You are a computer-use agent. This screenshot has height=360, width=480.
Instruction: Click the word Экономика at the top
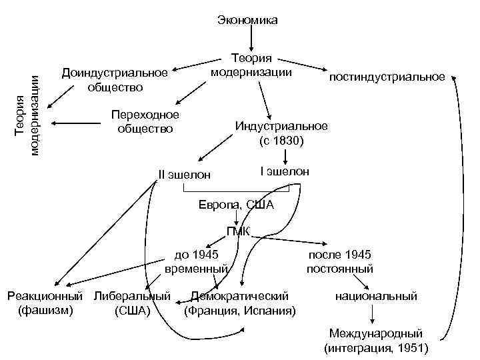247,21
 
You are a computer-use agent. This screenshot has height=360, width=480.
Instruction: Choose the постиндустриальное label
387,77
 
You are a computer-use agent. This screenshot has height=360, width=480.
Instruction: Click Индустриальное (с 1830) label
281,133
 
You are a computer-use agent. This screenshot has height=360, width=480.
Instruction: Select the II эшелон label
185,175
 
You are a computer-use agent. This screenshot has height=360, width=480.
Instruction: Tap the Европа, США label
236,205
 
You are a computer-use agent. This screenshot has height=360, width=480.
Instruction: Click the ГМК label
238,232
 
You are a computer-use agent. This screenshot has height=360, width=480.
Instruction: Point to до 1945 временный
196,261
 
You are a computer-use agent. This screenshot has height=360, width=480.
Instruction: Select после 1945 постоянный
340,261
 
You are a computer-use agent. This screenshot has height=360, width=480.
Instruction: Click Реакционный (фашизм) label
45,302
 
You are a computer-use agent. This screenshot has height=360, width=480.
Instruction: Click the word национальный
377,296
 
